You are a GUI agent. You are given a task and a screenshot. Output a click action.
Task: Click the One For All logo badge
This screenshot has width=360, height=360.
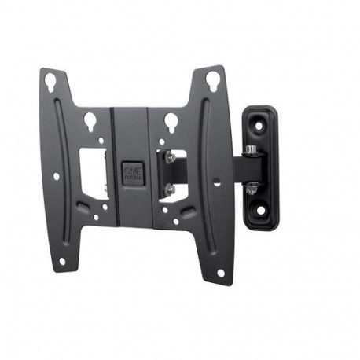(x=128, y=172)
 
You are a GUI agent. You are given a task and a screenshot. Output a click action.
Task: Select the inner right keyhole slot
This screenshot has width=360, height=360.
(x=168, y=120)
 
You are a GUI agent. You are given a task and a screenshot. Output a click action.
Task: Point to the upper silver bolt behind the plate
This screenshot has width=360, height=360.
(x=167, y=156)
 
